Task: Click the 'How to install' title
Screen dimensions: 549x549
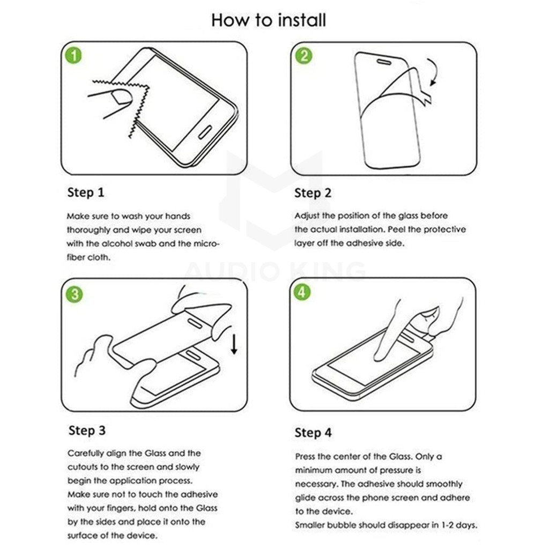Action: coord(269,20)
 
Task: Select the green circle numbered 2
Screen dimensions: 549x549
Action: coord(303,56)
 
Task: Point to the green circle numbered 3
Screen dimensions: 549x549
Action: coord(74,294)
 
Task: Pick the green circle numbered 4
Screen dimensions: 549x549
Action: coord(302,292)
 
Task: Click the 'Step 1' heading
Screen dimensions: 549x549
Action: coord(86,192)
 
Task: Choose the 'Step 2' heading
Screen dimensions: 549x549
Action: coord(313,193)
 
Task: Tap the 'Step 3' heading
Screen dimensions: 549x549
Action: coord(87,431)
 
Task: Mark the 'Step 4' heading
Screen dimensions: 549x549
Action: coord(313,433)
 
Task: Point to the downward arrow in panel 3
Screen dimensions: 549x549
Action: coord(234,344)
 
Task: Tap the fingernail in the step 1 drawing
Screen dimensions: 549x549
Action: coord(121,97)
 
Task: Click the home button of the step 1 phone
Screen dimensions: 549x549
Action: coord(205,132)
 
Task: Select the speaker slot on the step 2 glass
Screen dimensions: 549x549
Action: coord(384,62)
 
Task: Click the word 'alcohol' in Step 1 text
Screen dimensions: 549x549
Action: coord(116,244)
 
